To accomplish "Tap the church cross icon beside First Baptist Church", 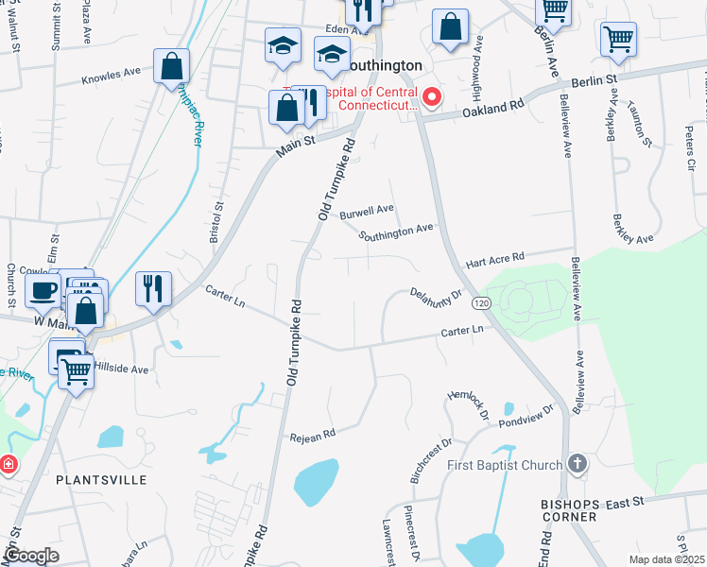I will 578,465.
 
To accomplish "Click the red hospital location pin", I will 432,96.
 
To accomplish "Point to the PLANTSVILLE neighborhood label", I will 101,480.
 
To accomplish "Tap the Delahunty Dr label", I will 435,296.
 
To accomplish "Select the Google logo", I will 31,556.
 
